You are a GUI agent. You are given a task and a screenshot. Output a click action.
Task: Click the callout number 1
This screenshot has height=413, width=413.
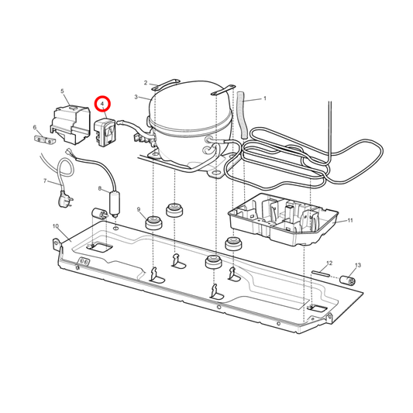pyautogui.click(x=264, y=98)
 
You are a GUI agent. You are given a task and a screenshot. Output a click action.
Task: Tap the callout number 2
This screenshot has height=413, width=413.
pyautogui.click(x=145, y=82)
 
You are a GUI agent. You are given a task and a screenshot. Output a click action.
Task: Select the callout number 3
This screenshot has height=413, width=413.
pyautogui.click(x=136, y=98)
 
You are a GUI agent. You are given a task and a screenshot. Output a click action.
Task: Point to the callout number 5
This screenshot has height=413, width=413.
pyautogui.click(x=61, y=91)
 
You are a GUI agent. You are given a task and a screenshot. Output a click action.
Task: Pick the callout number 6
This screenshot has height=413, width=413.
pyautogui.click(x=35, y=127)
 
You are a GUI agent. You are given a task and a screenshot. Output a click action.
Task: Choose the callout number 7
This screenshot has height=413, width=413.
pyautogui.click(x=45, y=182)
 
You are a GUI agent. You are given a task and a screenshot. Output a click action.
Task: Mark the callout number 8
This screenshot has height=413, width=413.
pyautogui.click(x=99, y=189)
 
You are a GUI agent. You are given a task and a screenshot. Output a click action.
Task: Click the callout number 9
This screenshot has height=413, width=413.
pyautogui.click(x=139, y=210)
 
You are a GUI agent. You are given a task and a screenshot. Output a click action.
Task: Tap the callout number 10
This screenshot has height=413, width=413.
pyautogui.click(x=55, y=226)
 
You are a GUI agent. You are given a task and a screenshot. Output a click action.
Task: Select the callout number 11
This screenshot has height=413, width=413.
pyautogui.click(x=350, y=221)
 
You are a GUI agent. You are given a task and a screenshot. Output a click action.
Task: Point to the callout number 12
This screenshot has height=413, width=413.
pyautogui.click(x=329, y=263)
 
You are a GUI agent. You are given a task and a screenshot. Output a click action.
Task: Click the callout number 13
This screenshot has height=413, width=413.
pyautogui.click(x=357, y=266)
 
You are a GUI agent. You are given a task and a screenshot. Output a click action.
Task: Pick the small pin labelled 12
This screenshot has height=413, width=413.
pyautogui.click(x=322, y=273)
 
